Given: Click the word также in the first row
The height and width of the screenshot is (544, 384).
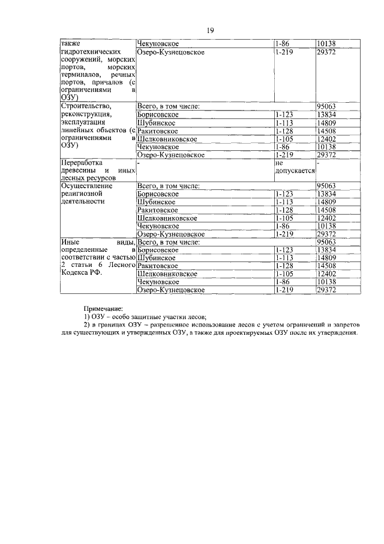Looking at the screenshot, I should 73,44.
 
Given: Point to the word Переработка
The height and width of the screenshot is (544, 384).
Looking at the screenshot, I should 82,162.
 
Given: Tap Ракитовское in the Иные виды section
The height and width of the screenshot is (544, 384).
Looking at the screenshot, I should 158,265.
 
